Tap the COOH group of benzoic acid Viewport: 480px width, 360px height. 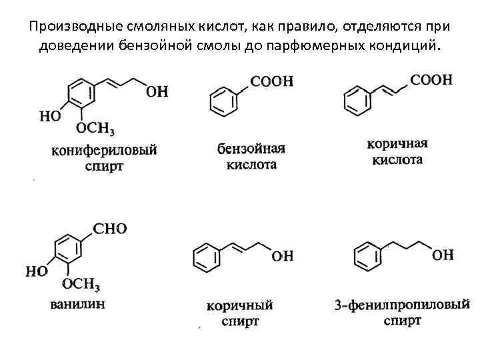pyautogui.click(x=271, y=81)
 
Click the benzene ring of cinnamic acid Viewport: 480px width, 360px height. pyautogui.click(x=357, y=101)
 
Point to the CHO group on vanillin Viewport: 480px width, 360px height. pyautogui.click(x=109, y=229)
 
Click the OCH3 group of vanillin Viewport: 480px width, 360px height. pyautogui.click(x=81, y=285)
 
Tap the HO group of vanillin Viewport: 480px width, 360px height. pyautogui.click(x=37, y=271)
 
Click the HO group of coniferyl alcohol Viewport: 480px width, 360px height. pyautogui.click(x=50, y=115)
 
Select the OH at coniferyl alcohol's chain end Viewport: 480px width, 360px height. pyautogui.click(x=157, y=91)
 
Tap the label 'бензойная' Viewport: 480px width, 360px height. pyautogui.click(x=251, y=147)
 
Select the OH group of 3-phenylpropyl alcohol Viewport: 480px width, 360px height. pyautogui.click(x=443, y=255)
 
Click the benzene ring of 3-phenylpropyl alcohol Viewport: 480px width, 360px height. pyautogui.click(x=365, y=257)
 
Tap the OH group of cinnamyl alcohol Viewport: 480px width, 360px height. pyautogui.click(x=283, y=256)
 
